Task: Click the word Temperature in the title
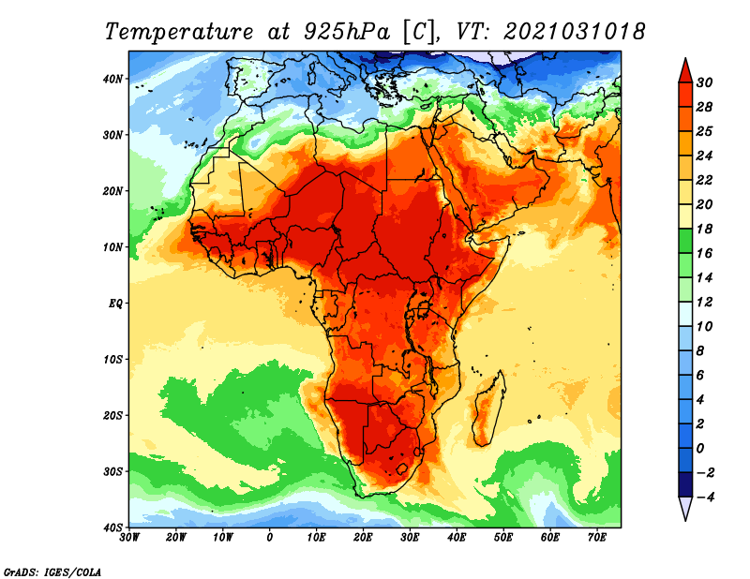[x=179, y=32]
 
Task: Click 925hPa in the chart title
[x=347, y=32]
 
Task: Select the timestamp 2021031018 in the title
[x=574, y=31]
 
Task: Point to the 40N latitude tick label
[x=112, y=79]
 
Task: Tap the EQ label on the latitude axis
[x=115, y=304]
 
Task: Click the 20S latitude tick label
[x=112, y=415]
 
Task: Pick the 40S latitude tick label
[x=112, y=527]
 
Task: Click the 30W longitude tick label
[x=129, y=538]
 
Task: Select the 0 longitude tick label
[x=270, y=538]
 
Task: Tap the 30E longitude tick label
[x=410, y=538]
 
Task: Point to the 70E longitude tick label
[x=597, y=538]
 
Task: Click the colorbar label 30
[x=704, y=82]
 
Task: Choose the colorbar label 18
[x=704, y=229]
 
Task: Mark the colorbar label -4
[x=705, y=497]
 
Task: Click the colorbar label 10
[x=704, y=327]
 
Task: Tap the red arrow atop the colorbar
[x=685, y=71]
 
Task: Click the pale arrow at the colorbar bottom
[x=685, y=509]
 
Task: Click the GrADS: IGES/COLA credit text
[x=52, y=572]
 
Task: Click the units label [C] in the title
[x=419, y=32]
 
